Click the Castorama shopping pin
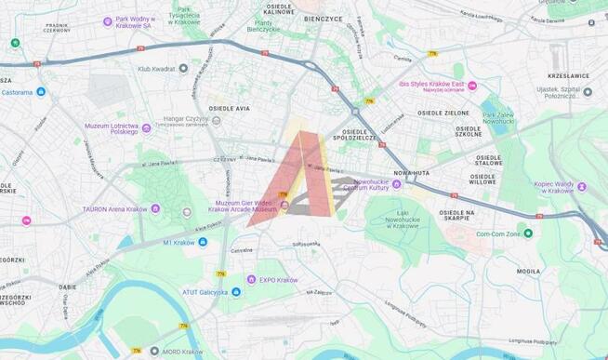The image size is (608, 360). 41,92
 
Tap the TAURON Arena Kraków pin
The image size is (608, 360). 155,208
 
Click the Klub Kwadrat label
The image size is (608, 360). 156,68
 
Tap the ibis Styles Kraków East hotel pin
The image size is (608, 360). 472,86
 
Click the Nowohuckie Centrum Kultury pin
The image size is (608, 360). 397,184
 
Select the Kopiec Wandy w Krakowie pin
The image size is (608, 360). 581,186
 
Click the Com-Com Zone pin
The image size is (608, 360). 528,233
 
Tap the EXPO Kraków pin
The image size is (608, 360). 251,279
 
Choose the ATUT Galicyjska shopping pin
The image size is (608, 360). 236,292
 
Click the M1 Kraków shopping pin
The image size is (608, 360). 203,242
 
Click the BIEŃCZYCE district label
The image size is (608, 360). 321,17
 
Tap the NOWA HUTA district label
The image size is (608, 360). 410,173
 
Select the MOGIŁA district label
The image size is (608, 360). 528,272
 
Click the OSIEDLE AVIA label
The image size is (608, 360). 230,109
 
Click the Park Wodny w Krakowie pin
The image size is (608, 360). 108,20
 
